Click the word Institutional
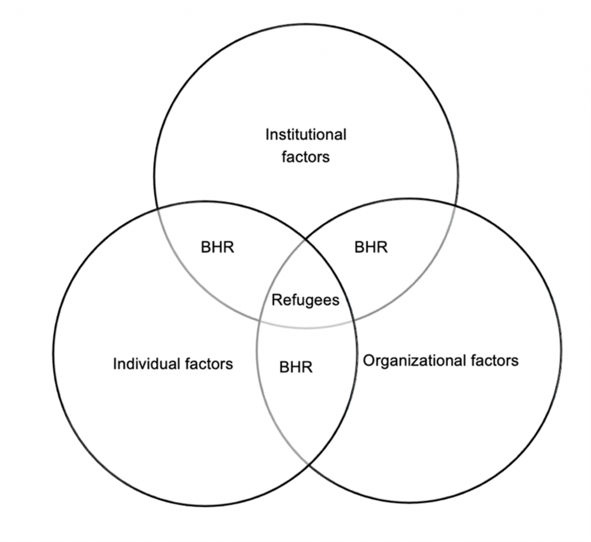(306, 135)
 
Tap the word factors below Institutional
(306, 156)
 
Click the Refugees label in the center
(305, 300)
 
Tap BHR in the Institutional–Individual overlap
(218, 248)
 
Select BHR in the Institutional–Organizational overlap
(371, 248)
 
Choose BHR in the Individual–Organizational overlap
(295, 367)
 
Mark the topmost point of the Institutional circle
(306, 24)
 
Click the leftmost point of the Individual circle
(53, 353)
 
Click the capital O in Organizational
(369, 361)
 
